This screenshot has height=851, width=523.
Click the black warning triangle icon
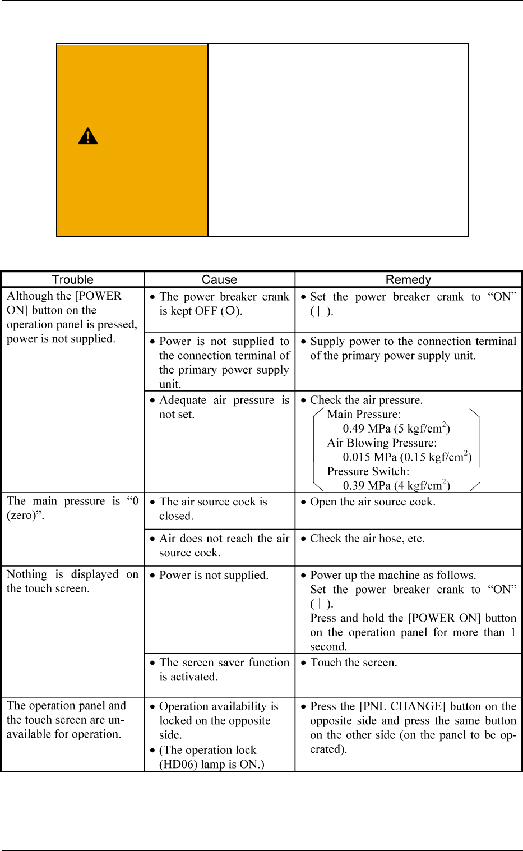click(x=88, y=136)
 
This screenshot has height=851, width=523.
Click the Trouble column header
click(x=73, y=279)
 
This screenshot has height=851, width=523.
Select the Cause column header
click(x=219, y=279)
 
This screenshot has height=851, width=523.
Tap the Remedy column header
click(x=408, y=279)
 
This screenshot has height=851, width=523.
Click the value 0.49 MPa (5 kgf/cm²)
click(x=396, y=429)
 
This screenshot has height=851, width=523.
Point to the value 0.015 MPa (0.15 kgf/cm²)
click(x=407, y=457)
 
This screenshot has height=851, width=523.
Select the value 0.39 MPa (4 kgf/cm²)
click(x=396, y=486)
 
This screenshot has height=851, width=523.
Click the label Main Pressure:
click(x=364, y=415)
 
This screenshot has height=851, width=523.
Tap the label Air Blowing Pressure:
click(x=382, y=443)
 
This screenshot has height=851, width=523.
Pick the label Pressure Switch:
click(x=368, y=472)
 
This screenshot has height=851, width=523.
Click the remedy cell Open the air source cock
click(x=372, y=502)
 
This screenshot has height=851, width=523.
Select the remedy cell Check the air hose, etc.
click(x=367, y=539)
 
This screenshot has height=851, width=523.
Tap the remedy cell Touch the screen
click(x=353, y=663)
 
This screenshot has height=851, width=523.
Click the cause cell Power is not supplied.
click(x=214, y=576)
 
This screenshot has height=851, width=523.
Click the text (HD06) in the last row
click(x=176, y=765)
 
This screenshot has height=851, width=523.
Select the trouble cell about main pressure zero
click(x=72, y=508)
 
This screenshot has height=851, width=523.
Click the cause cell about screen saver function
click(x=224, y=670)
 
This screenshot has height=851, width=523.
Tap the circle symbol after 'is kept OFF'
click(x=230, y=311)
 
